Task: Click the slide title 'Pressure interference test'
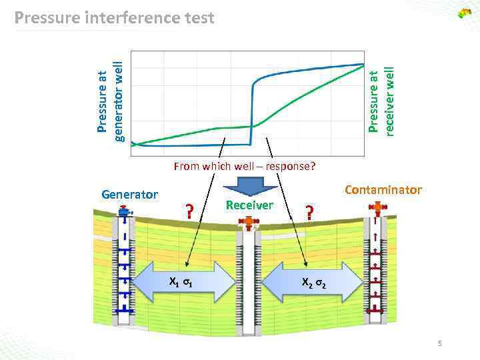114,17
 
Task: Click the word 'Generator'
129,195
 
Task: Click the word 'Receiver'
249,205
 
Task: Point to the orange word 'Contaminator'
383,190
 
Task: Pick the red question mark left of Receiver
189,212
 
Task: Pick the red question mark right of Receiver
309,212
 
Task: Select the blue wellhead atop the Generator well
125,211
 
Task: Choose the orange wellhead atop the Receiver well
249,222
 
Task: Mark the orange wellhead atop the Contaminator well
377,209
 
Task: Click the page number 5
440,343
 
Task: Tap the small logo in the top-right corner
464,13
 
